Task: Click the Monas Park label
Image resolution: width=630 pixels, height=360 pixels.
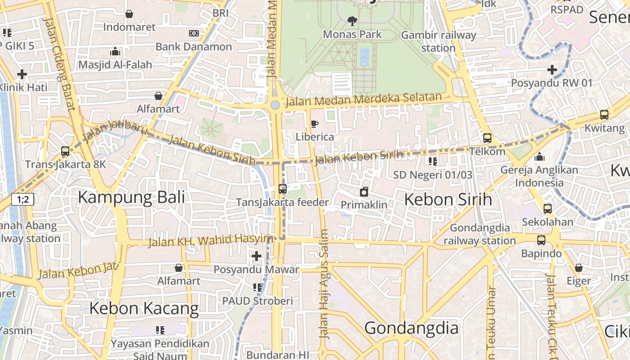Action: tap(352, 34)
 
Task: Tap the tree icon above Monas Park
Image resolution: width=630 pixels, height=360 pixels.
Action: tap(352, 20)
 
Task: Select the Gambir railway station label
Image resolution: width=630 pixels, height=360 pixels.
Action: tap(438, 41)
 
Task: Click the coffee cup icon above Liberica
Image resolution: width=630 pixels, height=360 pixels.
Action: tap(315, 124)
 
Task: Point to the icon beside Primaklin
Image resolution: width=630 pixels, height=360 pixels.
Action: tap(364, 192)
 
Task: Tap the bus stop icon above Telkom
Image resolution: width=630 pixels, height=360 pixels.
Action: tap(487, 138)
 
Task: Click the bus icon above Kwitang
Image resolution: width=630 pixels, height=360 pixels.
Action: tap(604, 115)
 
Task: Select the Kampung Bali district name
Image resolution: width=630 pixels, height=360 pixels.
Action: tap(131, 197)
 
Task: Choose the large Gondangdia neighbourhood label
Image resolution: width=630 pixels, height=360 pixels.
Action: tap(411, 328)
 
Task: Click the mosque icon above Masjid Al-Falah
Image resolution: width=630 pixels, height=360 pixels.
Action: tap(115, 51)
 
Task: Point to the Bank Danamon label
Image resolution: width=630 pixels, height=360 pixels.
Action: tap(193, 47)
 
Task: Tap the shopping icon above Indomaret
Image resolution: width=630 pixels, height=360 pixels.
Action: tap(129, 14)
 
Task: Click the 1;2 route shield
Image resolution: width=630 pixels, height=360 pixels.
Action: tap(23, 199)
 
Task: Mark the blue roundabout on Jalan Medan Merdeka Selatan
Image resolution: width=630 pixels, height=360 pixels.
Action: tap(275, 105)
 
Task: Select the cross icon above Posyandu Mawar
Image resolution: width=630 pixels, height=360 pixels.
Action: tap(256, 256)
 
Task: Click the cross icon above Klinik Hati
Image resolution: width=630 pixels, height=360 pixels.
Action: tap(22, 74)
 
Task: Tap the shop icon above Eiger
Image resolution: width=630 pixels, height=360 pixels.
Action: tap(579, 268)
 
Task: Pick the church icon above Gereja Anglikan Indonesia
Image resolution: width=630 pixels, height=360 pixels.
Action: tap(539, 157)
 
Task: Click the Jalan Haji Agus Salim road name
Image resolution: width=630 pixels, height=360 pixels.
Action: tap(324, 283)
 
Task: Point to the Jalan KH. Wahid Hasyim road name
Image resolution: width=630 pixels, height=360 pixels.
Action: tap(211, 241)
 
